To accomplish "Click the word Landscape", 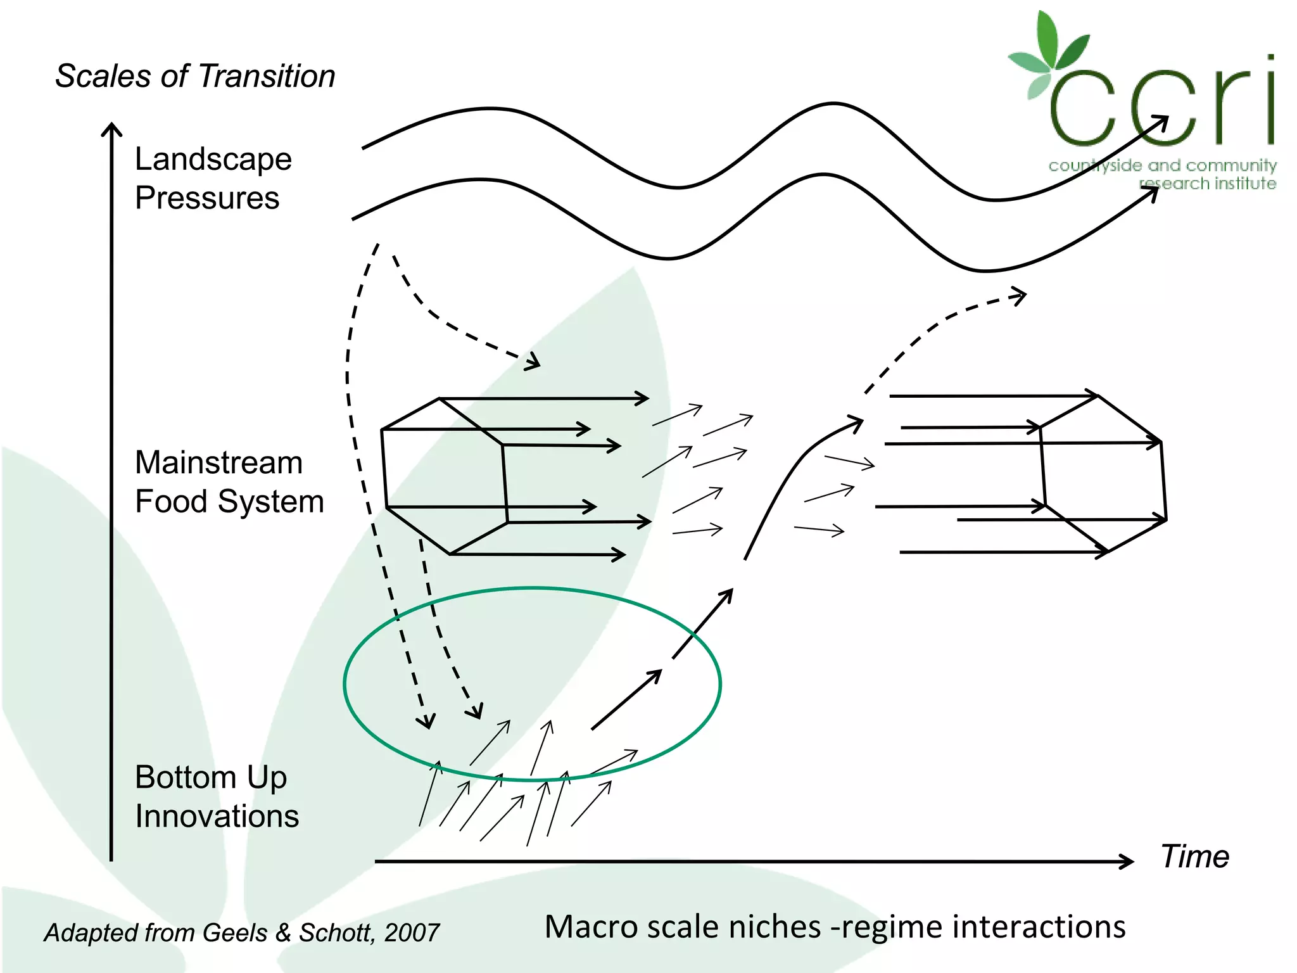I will [213, 160].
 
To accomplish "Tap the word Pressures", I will [207, 198].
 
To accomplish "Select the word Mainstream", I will [218, 462].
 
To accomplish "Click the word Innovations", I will [217, 816].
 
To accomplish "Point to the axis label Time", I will [1194, 856].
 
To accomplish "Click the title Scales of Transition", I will [195, 77].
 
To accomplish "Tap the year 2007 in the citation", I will [412, 932].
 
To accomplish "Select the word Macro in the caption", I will [591, 927].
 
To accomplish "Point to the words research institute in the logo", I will [1207, 184].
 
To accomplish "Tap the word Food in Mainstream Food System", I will [172, 502].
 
